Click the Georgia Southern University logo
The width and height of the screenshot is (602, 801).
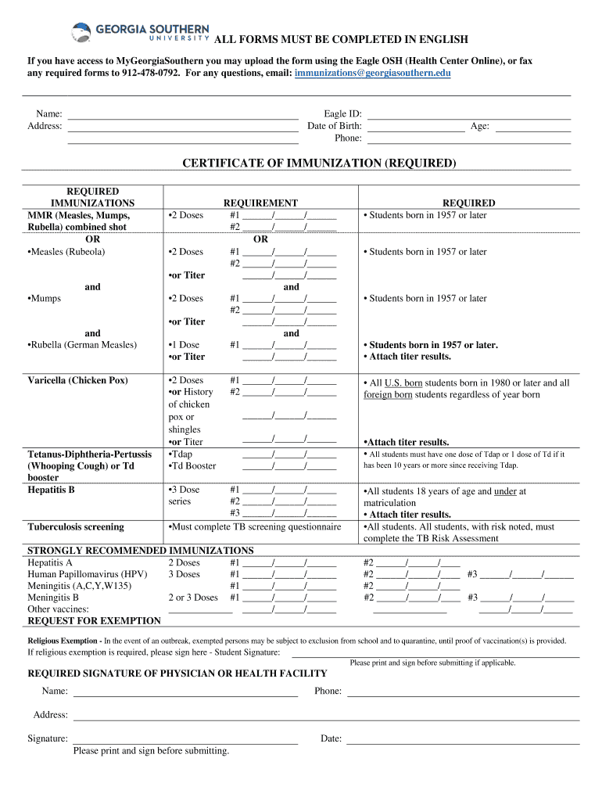point(141,32)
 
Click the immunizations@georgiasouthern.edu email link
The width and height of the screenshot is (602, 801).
point(373,73)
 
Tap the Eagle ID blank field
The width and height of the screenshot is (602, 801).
point(469,114)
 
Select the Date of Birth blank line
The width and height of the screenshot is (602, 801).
point(416,126)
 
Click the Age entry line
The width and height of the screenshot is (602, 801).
point(532,126)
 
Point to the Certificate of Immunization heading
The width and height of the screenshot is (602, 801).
point(318,163)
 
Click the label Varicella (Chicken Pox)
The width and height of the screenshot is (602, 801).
point(77,381)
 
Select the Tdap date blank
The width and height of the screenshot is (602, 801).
point(289,454)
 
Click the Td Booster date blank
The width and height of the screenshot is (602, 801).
point(289,467)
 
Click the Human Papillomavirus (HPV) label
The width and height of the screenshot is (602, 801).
point(87,574)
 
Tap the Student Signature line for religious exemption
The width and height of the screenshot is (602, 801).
point(435,652)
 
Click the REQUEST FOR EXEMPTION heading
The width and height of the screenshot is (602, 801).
point(95,621)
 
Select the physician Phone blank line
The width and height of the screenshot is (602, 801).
point(463,691)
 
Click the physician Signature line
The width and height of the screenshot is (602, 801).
point(185,739)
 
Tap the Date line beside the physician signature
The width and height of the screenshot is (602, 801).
point(463,739)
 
